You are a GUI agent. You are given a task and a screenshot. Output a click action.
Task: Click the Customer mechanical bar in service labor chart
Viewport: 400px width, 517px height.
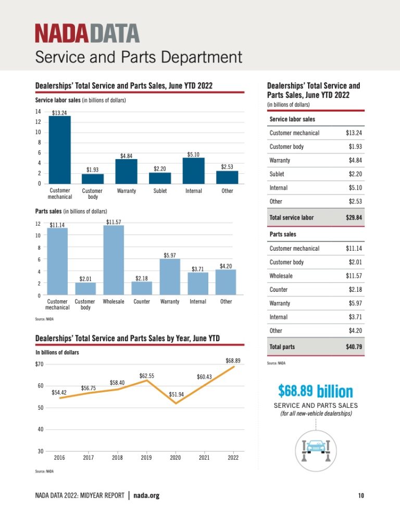tap(59, 150)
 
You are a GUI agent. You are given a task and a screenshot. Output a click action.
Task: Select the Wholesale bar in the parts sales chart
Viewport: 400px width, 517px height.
tap(114, 260)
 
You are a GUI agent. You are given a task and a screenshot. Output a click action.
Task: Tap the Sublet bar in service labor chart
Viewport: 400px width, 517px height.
tap(160, 178)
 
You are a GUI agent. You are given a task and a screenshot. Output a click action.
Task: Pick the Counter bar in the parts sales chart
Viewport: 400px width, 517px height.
tap(142, 288)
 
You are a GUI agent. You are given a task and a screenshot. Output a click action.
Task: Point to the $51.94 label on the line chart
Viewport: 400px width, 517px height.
tap(177, 395)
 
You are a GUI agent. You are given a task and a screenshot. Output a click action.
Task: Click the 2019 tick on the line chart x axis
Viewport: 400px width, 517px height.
tap(146, 458)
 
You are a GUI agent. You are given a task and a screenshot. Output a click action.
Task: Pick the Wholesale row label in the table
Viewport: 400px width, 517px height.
tap(281, 276)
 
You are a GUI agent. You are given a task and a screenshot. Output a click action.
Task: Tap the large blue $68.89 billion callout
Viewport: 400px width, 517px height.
tap(315, 391)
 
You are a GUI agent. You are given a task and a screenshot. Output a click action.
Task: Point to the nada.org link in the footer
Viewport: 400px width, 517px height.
tap(146, 495)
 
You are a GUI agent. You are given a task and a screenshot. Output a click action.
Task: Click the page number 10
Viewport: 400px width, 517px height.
tap(361, 495)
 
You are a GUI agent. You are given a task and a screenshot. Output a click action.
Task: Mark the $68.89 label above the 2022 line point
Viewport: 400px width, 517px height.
tap(233, 360)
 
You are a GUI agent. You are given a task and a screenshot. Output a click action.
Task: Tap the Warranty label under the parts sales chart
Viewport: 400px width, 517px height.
tap(170, 301)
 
